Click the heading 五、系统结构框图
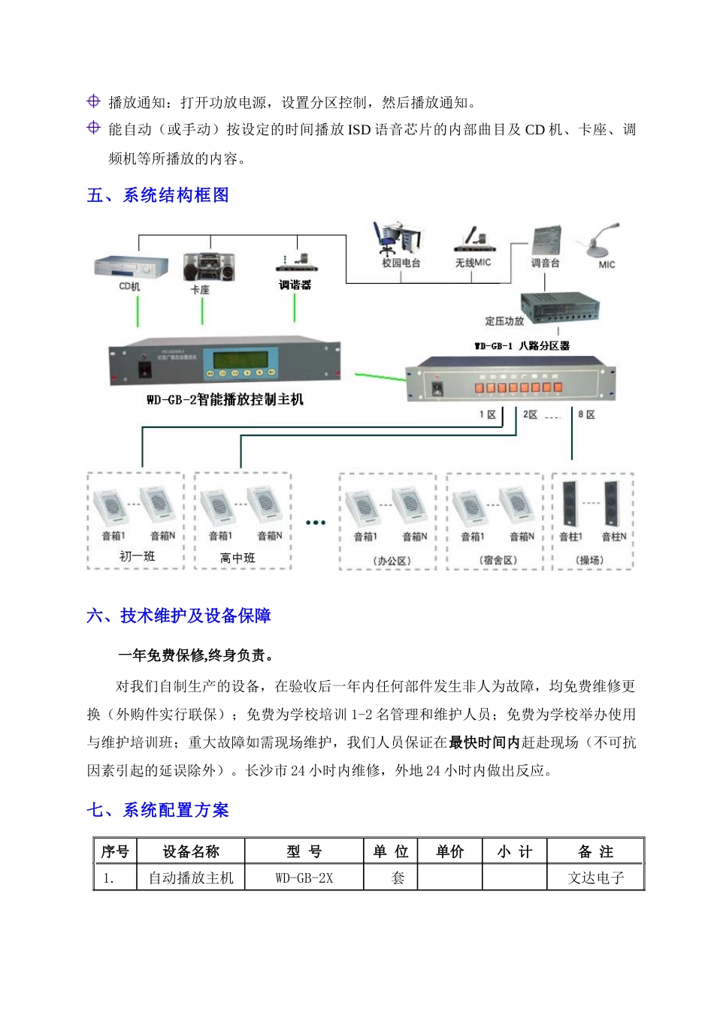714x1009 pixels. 158,195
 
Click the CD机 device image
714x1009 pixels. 131,267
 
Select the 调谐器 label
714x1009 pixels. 295,285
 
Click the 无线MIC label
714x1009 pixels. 473,263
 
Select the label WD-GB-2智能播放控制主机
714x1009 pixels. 225,399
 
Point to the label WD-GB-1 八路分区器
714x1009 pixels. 522,346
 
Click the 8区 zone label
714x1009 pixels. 586,414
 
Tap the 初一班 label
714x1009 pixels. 137,556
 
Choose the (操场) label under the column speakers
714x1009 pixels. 590,560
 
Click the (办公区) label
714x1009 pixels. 392,561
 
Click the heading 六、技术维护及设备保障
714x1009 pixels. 179,616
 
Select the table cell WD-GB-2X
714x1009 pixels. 304,878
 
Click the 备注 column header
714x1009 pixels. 595,851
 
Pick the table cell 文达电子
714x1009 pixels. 595,878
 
